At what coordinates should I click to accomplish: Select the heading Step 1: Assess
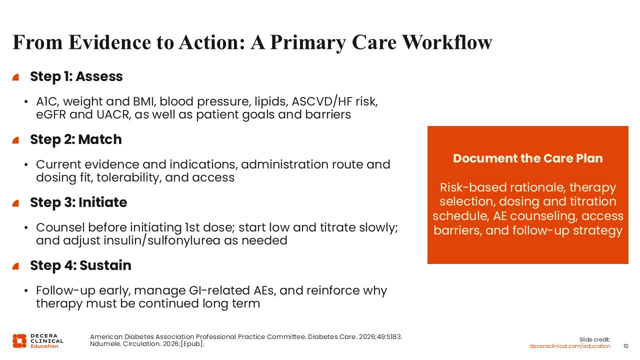tap(76, 76)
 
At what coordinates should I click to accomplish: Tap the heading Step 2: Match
tap(76, 139)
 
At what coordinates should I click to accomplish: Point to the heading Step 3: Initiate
tap(78, 202)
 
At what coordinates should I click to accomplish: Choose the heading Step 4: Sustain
tap(80, 265)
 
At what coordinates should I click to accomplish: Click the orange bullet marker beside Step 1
tap(15, 77)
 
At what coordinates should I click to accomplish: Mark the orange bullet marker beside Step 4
tap(15, 266)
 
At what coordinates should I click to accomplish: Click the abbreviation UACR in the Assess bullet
tap(113, 114)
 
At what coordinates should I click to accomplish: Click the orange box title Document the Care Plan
tap(527, 158)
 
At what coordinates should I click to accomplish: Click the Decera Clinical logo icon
tap(19, 341)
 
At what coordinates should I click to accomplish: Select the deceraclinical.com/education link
tap(569, 346)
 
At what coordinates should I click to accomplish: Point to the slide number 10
tap(625, 346)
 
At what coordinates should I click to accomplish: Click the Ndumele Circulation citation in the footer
tap(147, 343)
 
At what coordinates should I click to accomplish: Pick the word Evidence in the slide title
tap(110, 42)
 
